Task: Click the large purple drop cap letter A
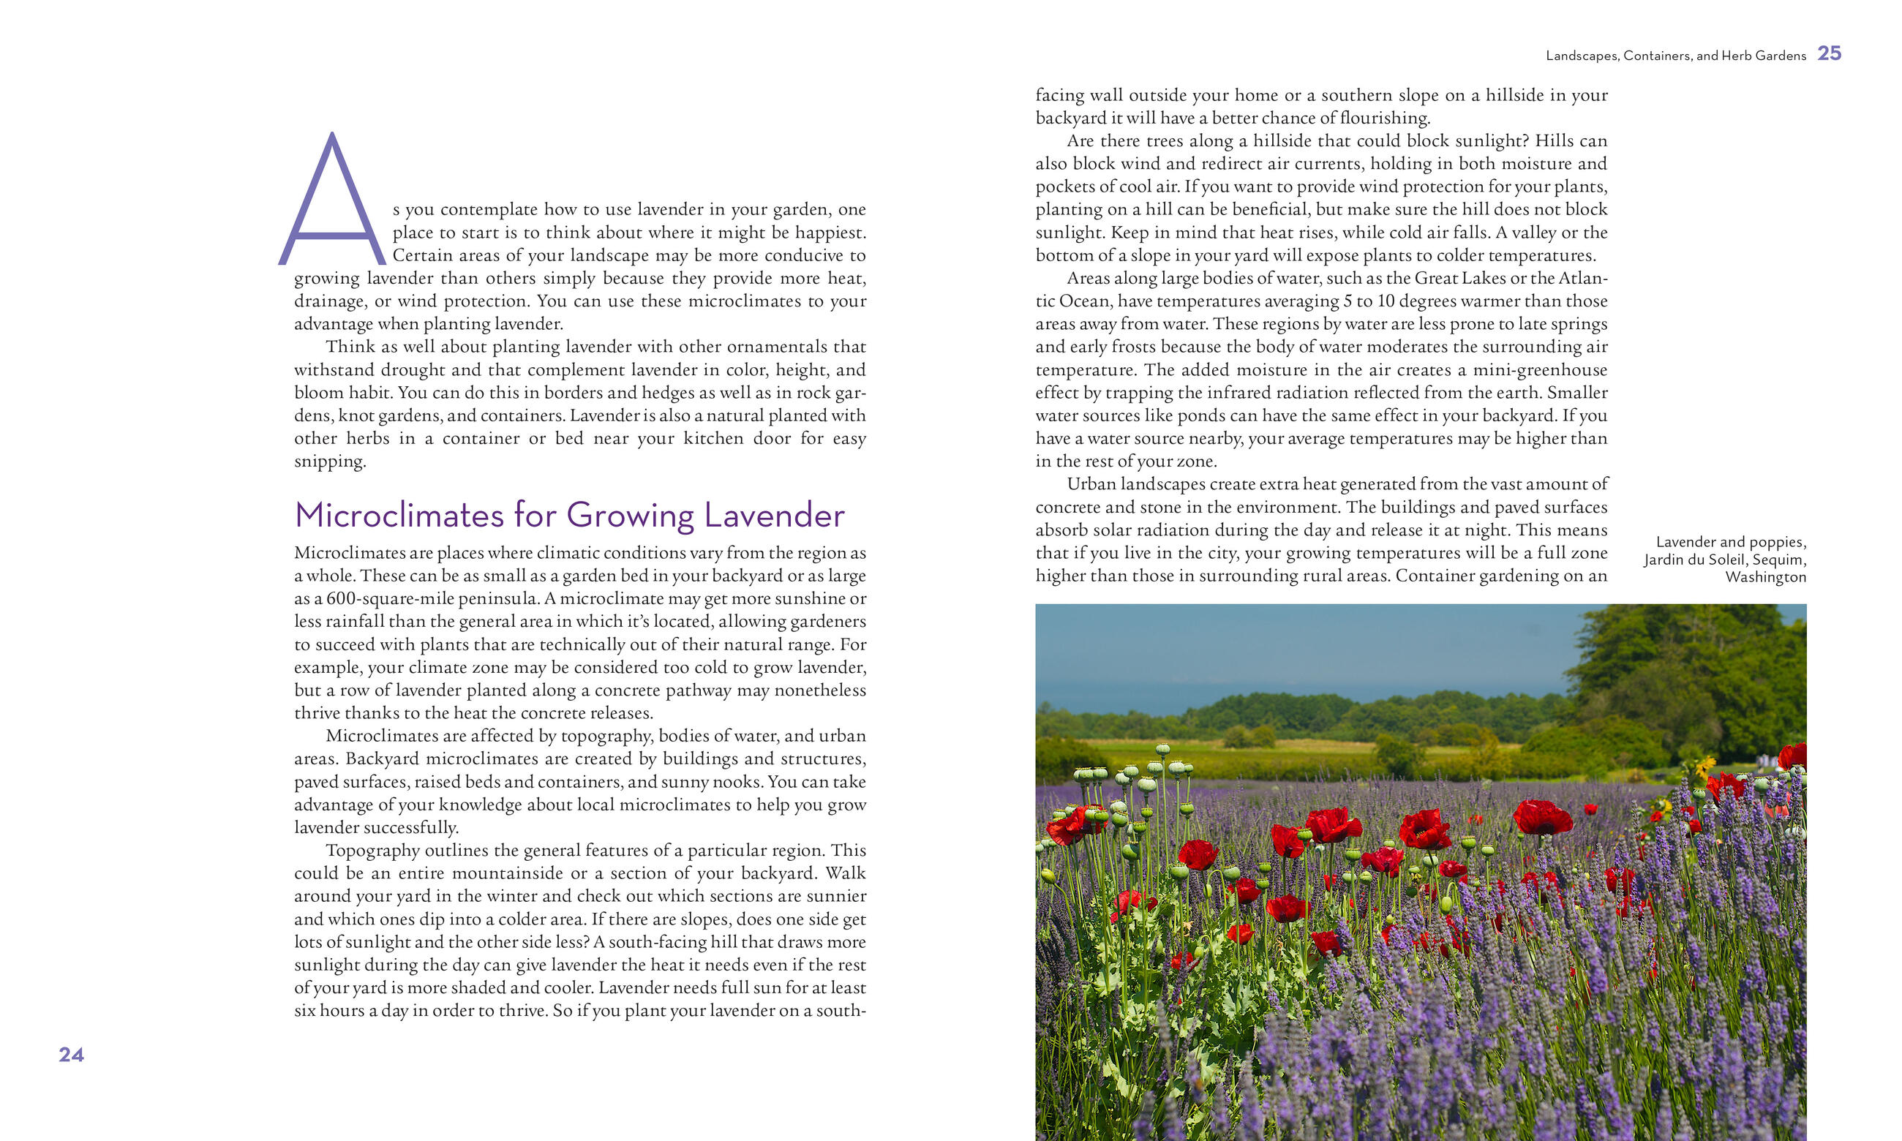click(332, 201)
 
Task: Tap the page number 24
click(72, 1054)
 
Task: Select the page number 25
click(1829, 53)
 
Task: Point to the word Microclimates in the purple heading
click(399, 515)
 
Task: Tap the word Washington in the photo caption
click(1765, 576)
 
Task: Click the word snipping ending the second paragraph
click(330, 462)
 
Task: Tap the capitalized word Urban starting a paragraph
click(1091, 484)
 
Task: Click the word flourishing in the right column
click(1385, 118)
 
